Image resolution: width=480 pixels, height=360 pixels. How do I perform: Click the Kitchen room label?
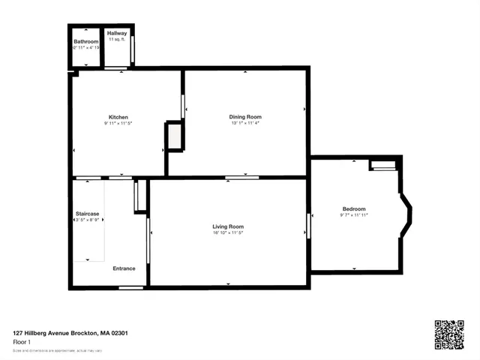click(118, 117)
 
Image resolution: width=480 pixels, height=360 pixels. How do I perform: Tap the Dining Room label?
click(245, 116)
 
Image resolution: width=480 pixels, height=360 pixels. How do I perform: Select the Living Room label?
click(228, 226)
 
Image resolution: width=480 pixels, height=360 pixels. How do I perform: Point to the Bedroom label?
click(354, 208)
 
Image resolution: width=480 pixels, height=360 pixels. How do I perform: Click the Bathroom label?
click(86, 42)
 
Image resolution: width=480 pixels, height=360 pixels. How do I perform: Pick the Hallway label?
click(117, 34)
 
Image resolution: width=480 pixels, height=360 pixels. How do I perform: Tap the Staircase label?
click(87, 214)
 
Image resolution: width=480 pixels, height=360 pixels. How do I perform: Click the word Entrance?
click(124, 268)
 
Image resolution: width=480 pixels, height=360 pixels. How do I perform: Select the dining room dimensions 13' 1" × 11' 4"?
click(245, 124)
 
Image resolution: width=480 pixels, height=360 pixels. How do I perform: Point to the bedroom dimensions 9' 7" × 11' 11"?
click(354, 216)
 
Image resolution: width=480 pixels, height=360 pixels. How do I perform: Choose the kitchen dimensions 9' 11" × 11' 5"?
click(118, 124)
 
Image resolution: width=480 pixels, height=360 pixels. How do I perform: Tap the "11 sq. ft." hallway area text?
click(117, 40)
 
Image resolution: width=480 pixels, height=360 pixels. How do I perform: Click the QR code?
click(449, 334)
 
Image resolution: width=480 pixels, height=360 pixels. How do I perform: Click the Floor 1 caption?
click(22, 342)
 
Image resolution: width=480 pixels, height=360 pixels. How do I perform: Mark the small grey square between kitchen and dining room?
click(174, 136)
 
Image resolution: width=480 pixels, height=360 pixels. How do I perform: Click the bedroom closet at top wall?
click(382, 164)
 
